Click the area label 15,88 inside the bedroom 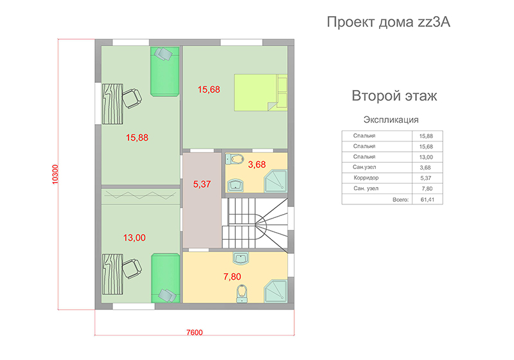(x=137, y=138)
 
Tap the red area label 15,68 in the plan (x=209, y=89)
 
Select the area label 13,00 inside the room (x=134, y=238)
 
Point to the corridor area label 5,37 (x=202, y=184)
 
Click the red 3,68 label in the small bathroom (x=256, y=165)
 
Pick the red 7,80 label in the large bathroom (x=232, y=276)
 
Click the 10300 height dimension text (x=55, y=174)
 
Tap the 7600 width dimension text (x=195, y=332)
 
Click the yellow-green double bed (x=261, y=93)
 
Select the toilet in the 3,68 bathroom (x=234, y=159)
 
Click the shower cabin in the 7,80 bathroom (x=276, y=291)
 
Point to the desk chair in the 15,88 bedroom (x=132, y=98)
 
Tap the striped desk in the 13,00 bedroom (x=112, y=274)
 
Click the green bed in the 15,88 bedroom (x=164, y=71)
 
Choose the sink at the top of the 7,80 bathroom (x=240, y=258)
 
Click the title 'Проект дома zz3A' (x=389, y=22)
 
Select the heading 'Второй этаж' (x=394, y=96)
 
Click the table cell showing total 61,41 (x=427, y=199)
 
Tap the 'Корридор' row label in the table (x=366, y=177)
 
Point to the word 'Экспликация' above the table (x=391, y=120)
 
